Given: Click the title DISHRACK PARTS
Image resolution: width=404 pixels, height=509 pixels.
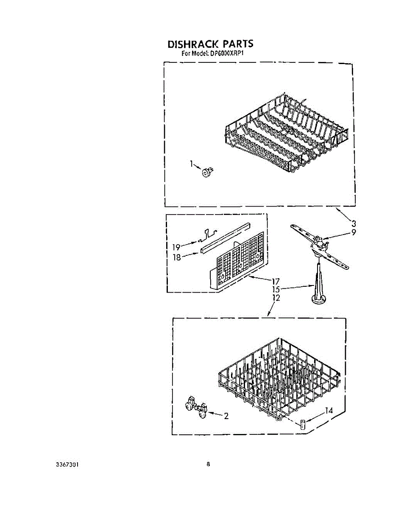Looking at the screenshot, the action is (x=210, y=44).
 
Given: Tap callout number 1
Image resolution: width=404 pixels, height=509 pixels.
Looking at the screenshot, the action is (x=192, y=163).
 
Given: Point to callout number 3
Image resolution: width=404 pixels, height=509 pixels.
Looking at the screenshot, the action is (x=353, y=223).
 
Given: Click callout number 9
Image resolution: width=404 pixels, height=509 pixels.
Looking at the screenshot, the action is (x=353, y=232).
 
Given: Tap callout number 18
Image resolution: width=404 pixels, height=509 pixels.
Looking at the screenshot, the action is (x=177, y=257).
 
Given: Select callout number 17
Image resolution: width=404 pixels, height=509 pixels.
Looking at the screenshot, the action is (x=276, y=281).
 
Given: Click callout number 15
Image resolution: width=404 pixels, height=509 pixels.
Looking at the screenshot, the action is (x=276, y=289).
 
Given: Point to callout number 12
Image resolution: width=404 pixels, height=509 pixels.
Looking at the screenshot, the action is (x=276, y=298).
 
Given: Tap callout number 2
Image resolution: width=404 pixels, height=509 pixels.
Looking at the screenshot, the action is (x=226, y=416).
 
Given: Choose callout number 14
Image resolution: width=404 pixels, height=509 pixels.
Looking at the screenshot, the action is (x=329, y=411).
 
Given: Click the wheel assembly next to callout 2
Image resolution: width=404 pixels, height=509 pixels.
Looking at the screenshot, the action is (x=196, y=408).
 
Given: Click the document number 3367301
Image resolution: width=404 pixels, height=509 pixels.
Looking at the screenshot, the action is (x=67, y=464).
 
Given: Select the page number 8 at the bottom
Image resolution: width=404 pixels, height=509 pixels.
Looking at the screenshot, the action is (x=208, y=464).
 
